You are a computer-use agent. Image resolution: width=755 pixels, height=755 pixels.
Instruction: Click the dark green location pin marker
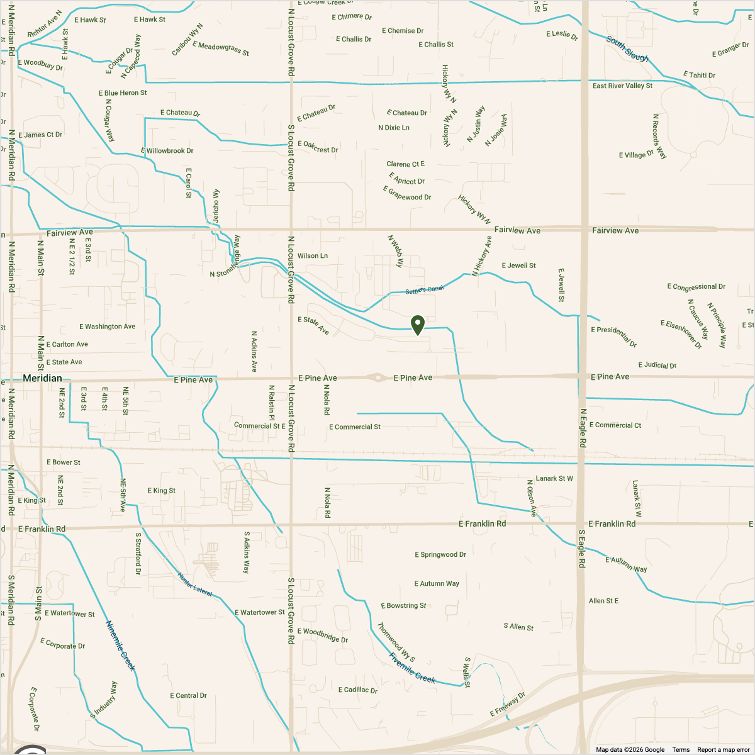click(x=418, y=325)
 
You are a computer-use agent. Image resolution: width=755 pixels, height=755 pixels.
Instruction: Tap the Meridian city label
click(x=42, y=378)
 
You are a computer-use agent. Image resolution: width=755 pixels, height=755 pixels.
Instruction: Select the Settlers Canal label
click(x=425, y=289)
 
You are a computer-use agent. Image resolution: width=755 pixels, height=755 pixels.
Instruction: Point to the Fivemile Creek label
click(x=412, y=668)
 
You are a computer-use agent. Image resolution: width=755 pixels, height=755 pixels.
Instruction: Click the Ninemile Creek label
click(x=120, y=646)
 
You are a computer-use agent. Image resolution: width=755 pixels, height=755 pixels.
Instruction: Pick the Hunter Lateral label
click(x=195, y=584)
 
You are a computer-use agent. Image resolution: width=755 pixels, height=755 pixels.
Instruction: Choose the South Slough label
click(x=627, y=48)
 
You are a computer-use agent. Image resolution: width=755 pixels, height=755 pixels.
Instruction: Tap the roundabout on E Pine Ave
click(x=377, y=377)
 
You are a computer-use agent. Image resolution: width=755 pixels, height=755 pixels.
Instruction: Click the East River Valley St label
click(x=622, y=86)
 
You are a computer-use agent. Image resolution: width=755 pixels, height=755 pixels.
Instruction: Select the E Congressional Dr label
click(x=696, y=287)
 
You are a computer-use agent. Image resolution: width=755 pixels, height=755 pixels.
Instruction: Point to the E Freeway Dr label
click(x=507, y=704)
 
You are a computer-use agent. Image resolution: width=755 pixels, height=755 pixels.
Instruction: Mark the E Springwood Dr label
click(x=440, y=554)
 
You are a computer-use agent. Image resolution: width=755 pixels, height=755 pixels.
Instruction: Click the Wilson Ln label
click(x=313, y=256)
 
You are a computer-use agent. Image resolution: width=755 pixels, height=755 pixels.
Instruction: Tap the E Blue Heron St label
click(x=123, y=93)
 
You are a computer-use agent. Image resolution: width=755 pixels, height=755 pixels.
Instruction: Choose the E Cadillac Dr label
click(x=358, y=690)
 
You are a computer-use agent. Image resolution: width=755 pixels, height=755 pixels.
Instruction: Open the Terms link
click(x=681, y=749)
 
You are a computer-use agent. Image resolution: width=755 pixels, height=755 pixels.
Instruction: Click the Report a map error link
click(x=724, y=749)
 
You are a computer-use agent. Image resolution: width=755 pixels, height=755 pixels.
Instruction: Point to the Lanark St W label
click(x=554, y=478)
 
